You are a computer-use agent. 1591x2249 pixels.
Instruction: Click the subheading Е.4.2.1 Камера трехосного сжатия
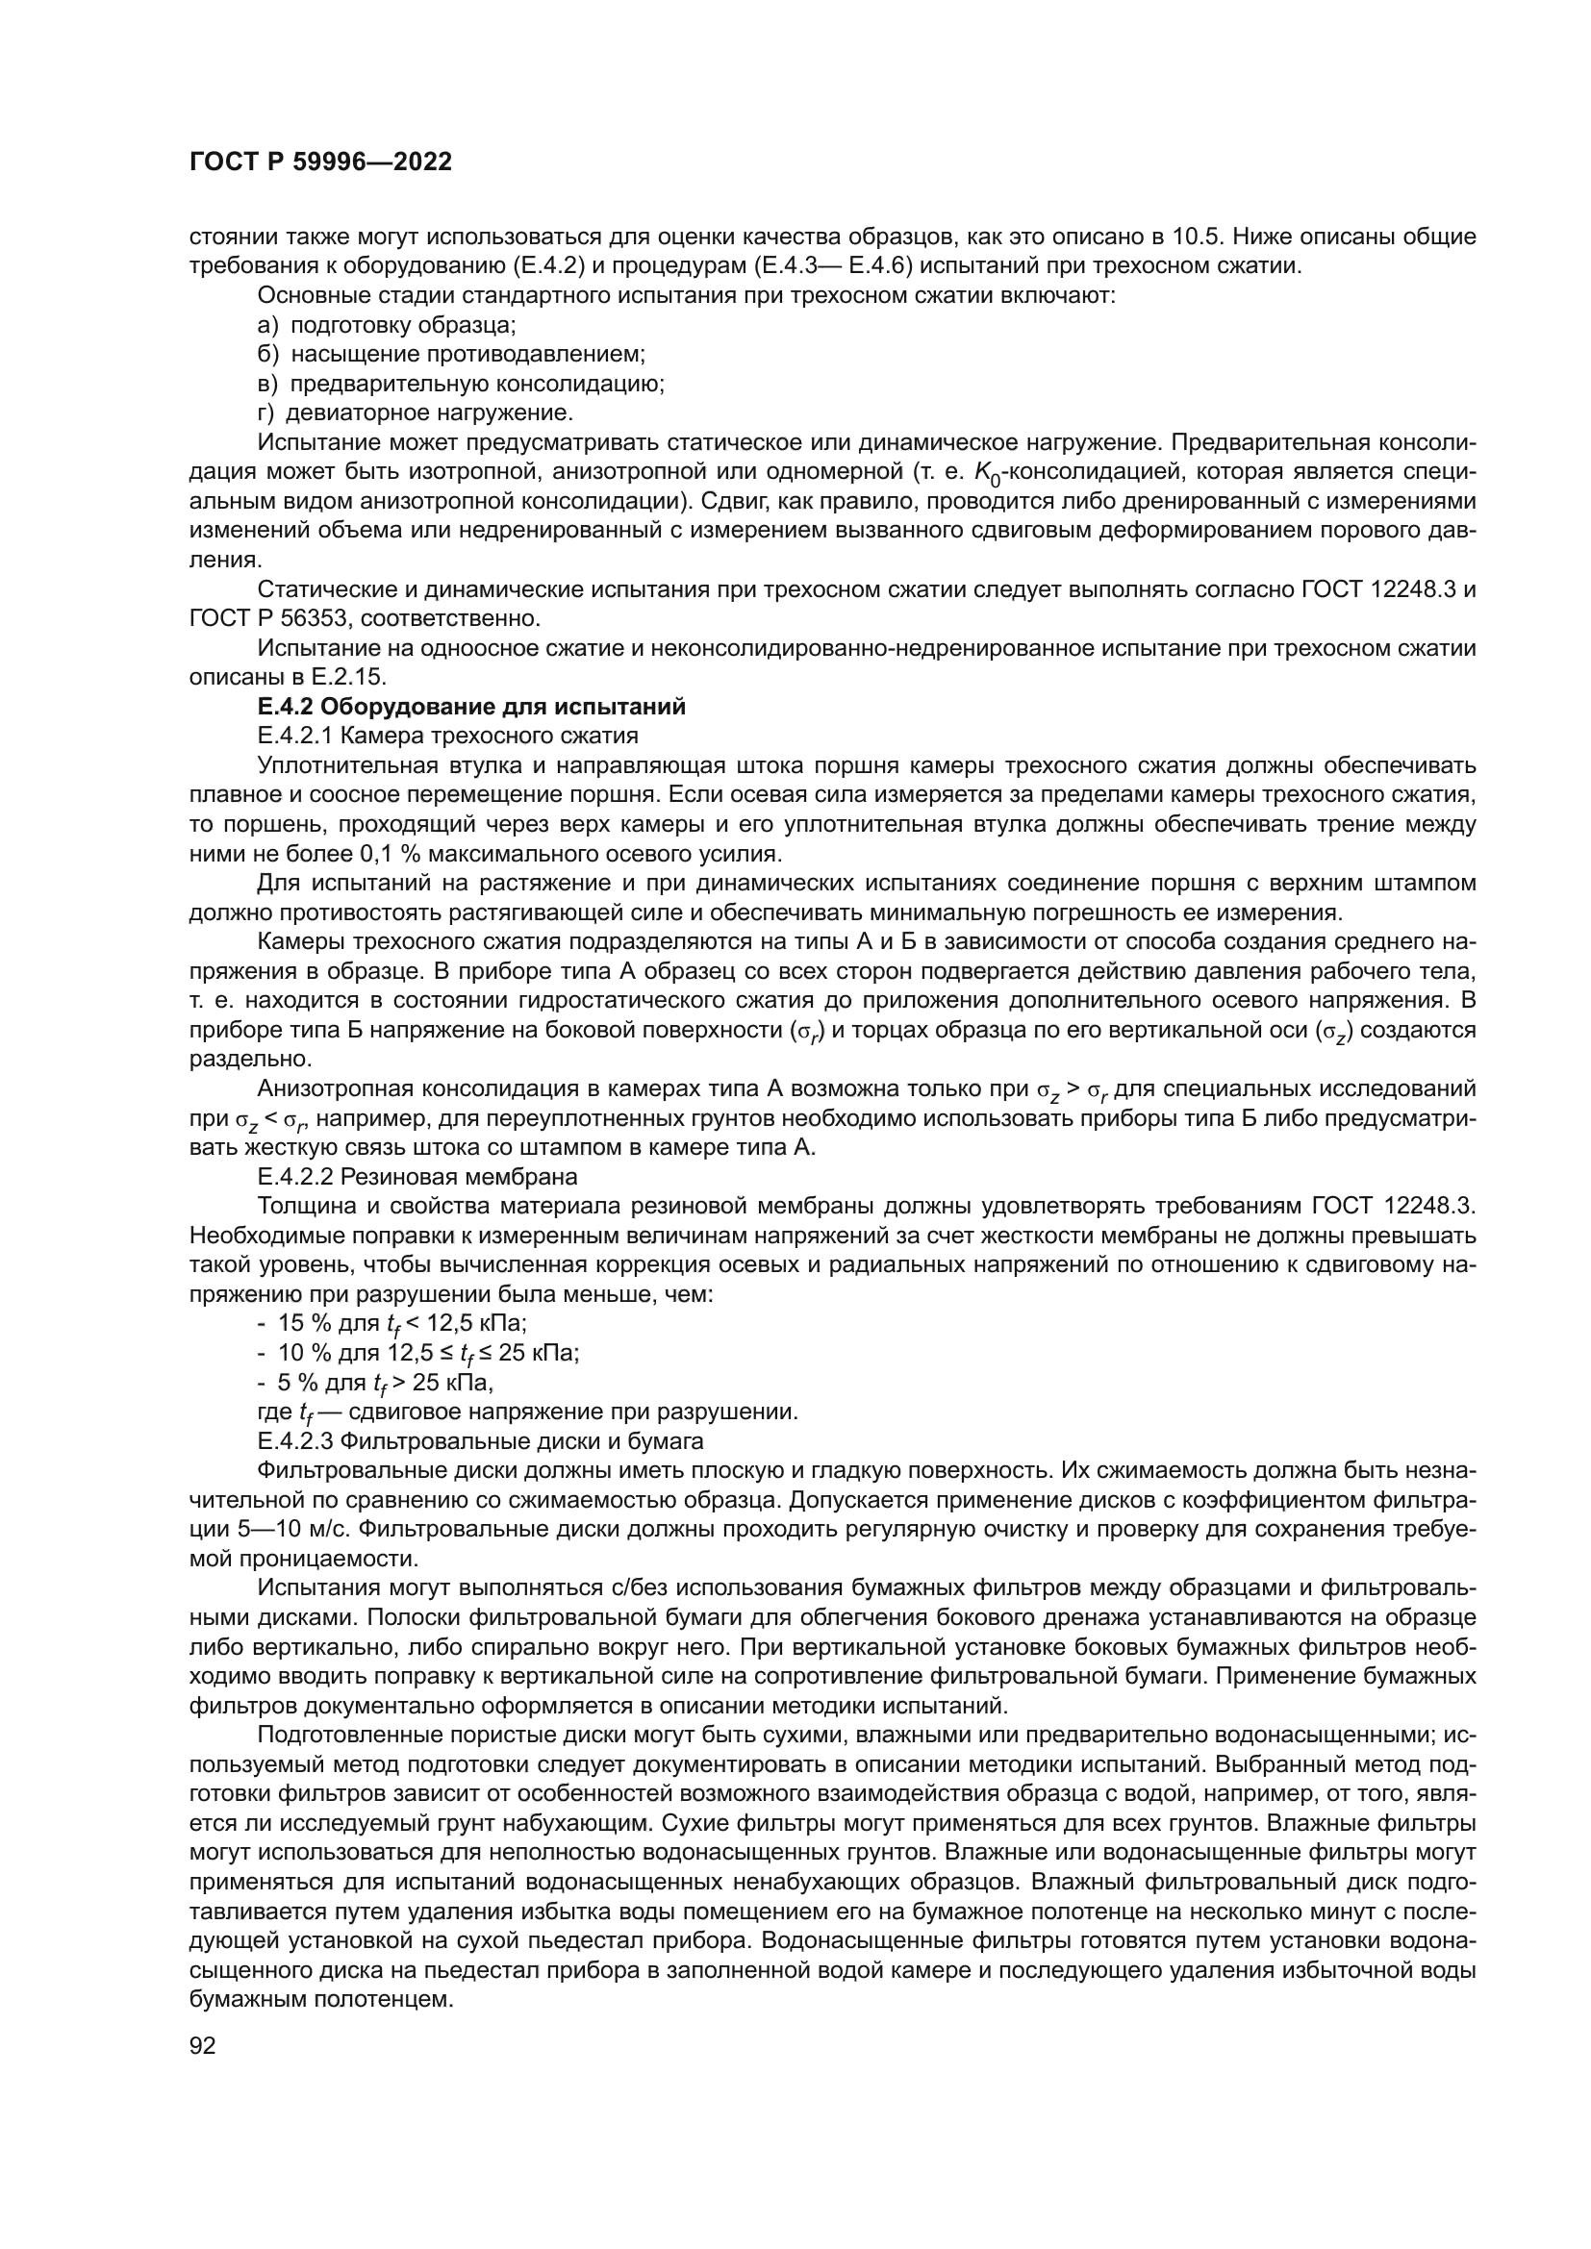click(447, 736)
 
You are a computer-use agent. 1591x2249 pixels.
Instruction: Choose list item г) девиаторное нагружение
click(416, 412)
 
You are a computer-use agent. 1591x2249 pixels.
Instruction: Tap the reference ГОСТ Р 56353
click(259, 618)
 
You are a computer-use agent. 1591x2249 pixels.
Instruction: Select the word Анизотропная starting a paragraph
click(331, 1088)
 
